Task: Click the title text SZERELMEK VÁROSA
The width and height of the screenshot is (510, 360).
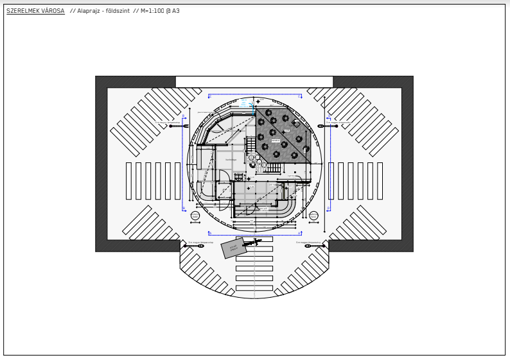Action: [35, 11]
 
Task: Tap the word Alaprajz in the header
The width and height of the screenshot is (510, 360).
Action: [89, 11]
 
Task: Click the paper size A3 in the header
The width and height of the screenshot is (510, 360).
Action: [175, 11]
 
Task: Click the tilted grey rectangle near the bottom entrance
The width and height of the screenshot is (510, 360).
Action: [233, 248]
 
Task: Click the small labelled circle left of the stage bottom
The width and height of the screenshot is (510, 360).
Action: [195, 216]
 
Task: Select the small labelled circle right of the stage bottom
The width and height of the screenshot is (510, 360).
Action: [313, 216]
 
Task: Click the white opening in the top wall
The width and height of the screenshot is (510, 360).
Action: [254, 82]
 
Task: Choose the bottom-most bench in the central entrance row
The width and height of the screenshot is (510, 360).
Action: [254, 288]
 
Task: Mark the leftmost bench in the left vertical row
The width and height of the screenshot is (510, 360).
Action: [128, 180]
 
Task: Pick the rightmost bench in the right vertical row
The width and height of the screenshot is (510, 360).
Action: [380, 180]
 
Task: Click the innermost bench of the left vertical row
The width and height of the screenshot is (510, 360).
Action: [177, 180]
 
